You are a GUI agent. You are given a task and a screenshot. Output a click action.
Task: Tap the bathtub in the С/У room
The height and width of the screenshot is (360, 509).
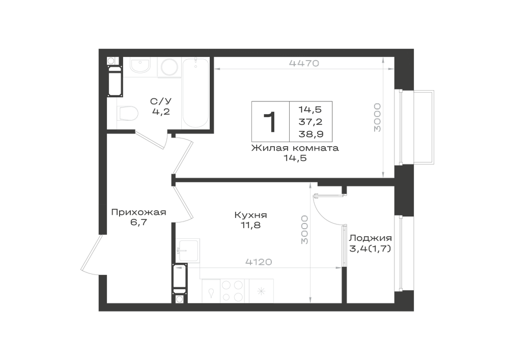(195, 93)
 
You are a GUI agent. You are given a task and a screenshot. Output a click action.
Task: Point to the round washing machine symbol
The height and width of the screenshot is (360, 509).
(169, 68)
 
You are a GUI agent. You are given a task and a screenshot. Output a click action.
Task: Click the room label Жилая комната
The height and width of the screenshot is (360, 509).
(295, 148)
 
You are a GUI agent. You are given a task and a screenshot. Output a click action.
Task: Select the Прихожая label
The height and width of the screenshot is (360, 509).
(138, 212)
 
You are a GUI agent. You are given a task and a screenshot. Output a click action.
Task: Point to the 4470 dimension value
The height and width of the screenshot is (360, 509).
(304, 63)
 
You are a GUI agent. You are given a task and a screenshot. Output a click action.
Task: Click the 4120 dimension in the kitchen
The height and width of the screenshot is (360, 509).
(259, 262)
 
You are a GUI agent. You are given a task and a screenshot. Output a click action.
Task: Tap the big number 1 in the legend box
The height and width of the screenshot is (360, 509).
(270, 122)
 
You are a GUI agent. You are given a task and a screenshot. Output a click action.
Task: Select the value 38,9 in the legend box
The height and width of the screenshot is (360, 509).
(311, 134)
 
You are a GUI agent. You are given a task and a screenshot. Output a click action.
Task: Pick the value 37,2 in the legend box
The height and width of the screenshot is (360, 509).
(310, 122)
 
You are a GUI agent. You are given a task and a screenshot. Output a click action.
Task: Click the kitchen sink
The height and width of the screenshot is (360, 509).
(188, 251)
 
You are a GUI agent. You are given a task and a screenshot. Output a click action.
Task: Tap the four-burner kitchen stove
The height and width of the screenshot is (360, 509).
(233, 291)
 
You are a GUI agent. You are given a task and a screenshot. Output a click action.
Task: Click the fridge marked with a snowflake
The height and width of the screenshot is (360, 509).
(261, 291)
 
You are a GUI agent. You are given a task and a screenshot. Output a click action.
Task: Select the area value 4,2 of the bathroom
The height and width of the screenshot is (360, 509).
(161, 112)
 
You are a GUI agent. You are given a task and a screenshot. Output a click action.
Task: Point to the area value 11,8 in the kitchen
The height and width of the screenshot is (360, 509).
(250, 225)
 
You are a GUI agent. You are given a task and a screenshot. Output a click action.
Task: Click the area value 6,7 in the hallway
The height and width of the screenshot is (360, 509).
(138, 223)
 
